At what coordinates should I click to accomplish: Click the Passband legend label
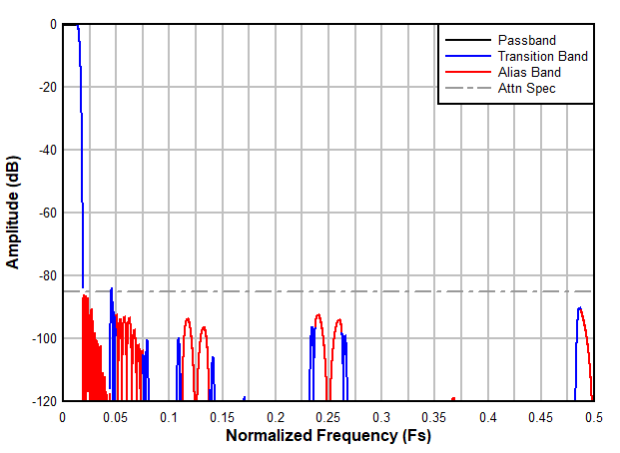point(526,40)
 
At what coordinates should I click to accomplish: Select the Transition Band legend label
point(542,56)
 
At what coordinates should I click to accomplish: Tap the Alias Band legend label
point(529,72)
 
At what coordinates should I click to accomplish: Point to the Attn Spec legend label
point(526,88)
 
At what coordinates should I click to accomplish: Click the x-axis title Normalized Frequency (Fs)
point(328,436)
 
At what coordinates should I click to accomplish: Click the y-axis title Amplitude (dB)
point(14,213)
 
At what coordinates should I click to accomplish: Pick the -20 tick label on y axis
point(44,87)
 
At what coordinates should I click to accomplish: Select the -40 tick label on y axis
point(44,150)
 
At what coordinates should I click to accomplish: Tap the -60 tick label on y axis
point(44,213)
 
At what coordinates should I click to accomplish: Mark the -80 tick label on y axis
point(44,275)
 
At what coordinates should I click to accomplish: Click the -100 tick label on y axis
point(41,338)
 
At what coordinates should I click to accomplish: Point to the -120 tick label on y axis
point(41,401)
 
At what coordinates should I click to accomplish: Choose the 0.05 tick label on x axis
point(116,415)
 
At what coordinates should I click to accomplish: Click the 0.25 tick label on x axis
point(328,415)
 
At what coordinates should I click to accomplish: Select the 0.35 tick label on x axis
point(434,415)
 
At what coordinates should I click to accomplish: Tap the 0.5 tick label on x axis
point(594,415)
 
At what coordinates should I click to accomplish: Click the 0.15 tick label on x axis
point(222,415)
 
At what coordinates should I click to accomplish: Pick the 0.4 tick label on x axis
point(488,415)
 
